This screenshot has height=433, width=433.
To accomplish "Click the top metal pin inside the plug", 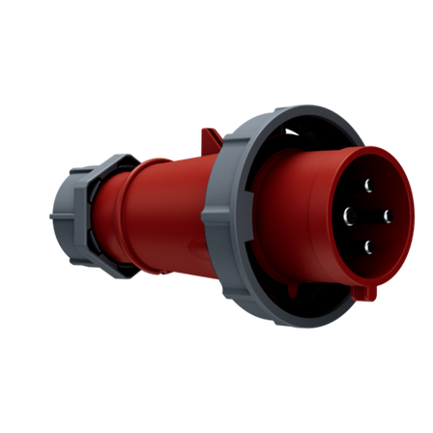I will click(x=369, y=184).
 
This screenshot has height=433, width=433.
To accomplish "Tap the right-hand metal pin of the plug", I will click(x=387, y=215).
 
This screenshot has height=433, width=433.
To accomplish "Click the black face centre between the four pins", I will click(x=368, y=215).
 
